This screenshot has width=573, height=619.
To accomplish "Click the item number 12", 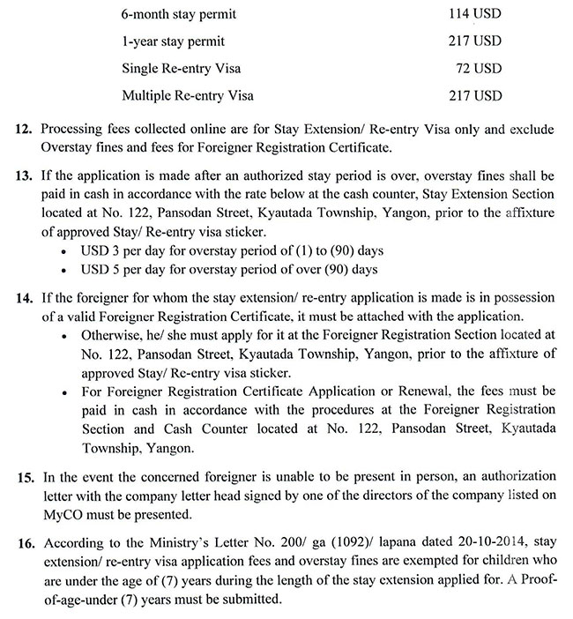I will tap(26, 131).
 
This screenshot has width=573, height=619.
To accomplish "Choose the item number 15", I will tap(26, 476).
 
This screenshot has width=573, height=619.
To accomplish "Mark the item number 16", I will tap(26, 541).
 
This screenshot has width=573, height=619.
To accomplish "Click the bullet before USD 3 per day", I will tap(67, 252).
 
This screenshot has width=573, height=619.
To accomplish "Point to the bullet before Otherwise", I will tap(67, 336).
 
